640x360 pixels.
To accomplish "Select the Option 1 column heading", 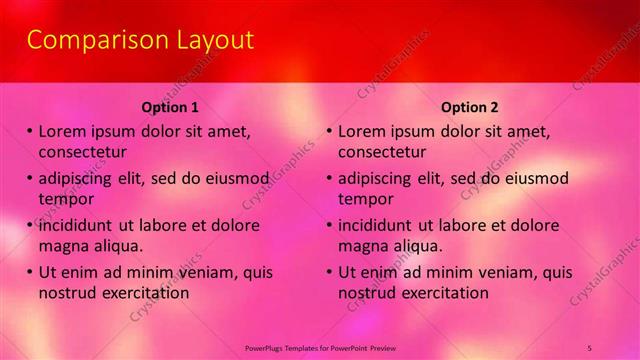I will pyautogui.click(x=170, y=107).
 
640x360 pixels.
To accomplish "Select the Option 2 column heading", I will pyautogui.click(x=470, y=107).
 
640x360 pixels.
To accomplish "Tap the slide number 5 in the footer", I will pyautogui.click(x=590, y=347).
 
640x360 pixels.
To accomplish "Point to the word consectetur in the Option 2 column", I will pyautogui.click(x=382, y=152).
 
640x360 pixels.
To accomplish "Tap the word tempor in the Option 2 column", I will pyautogui.click(x=366, y=199).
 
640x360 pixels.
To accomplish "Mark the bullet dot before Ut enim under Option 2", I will pyautogui.click(x=329, y=272).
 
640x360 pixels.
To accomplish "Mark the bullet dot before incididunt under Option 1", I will pyautogui.click(x=29, y=225).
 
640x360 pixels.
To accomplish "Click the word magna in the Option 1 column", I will pyautogui.click(x=64, y=246).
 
